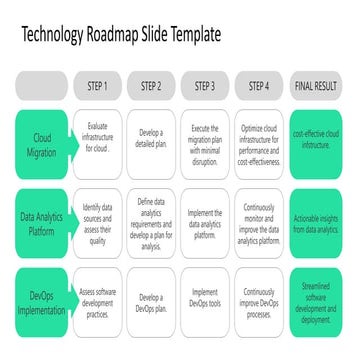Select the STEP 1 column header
point(98,86)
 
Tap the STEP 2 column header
point(151,86)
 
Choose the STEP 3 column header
point(205,86)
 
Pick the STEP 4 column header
point(259,86)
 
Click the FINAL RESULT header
point(316,86)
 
